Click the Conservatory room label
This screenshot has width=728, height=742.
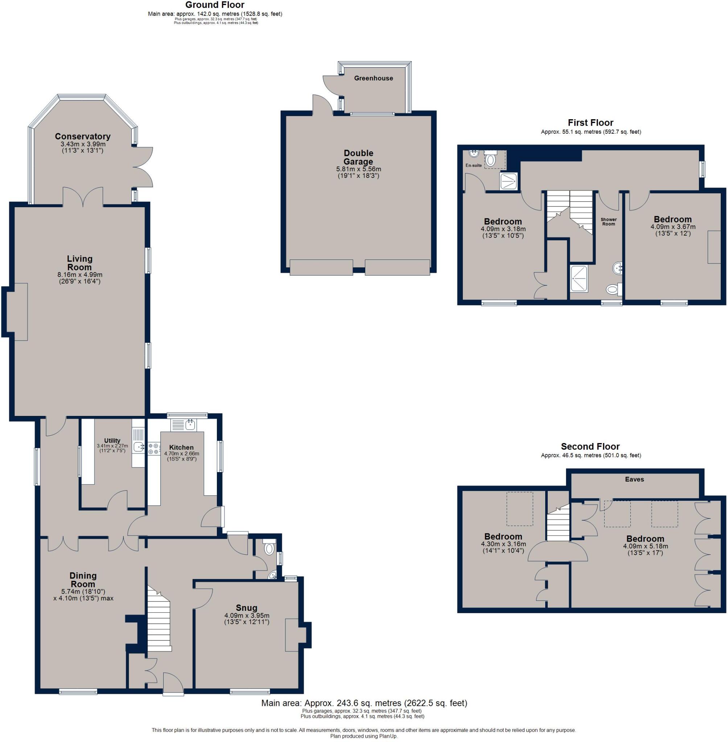pos(83,136)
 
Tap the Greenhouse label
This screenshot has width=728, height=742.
pos(373,78)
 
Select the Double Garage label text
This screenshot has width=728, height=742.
pos(358,157)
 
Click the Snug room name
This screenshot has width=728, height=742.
pos(246,608)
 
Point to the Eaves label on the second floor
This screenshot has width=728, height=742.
pos(634,479)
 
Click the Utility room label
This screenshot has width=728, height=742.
pos(112,440)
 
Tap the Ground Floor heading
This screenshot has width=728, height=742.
pos(215,5)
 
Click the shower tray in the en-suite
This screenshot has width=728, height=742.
pos(509,181)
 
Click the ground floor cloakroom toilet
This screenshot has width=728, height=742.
pos(270,548)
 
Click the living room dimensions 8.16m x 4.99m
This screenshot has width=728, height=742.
pos(79,275)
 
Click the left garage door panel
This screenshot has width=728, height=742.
pos(321,267)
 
